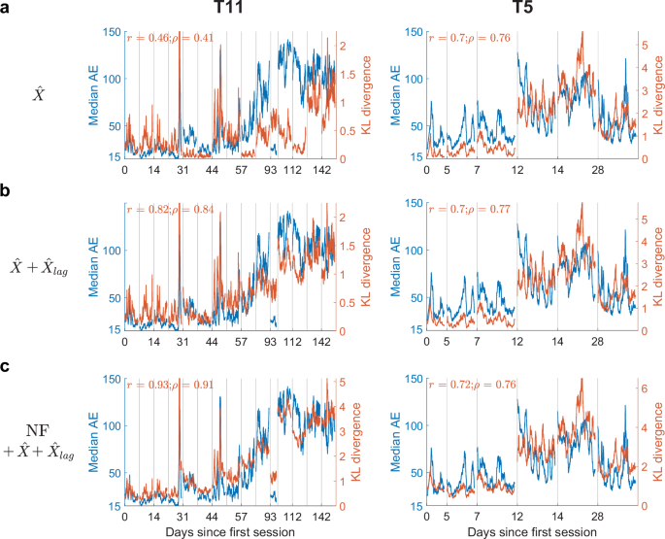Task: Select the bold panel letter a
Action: pyautogui.click(x=7, y=11)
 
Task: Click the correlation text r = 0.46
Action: pyautogui.click(x=148, y=38)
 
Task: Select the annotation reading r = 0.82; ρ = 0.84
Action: pyautogui.click(x=171, y=212)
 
